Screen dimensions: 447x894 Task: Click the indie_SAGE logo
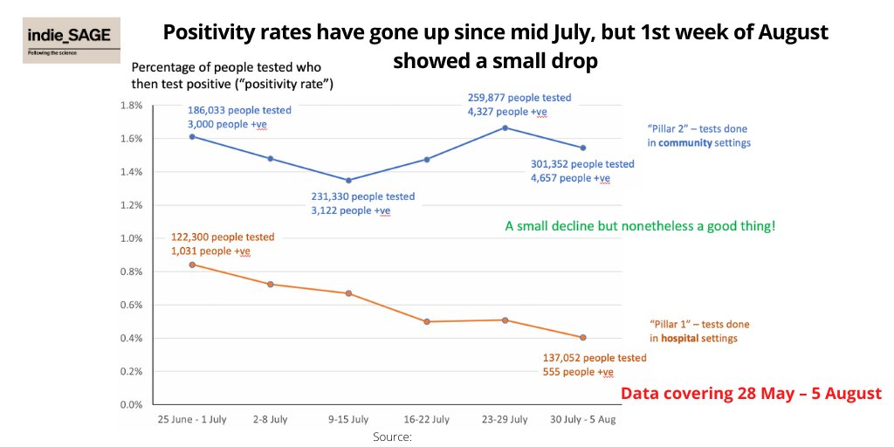(72, 40)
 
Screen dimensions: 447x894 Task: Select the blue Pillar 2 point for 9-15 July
(348, 181)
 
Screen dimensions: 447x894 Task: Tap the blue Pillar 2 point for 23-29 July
(505, 127)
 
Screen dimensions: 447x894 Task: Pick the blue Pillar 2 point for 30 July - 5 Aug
(582, 148)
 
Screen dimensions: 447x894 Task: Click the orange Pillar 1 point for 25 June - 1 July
(192, 265)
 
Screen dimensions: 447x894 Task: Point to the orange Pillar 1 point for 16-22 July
(427, 321)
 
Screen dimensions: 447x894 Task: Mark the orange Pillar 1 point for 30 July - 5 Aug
(582, 337)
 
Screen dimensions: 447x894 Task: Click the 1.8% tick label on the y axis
(130, 105)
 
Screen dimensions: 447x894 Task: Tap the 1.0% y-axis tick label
(130, 238)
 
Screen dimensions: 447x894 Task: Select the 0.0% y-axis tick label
(130, 405)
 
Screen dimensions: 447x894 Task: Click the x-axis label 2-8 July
(271, 420)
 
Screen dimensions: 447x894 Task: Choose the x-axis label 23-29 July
(505, 420)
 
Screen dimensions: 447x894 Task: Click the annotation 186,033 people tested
(239, 111)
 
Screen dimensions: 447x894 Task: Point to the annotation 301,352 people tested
(582, 164)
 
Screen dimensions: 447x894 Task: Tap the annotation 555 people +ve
(577, 372)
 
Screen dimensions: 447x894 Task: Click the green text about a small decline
(640, 226)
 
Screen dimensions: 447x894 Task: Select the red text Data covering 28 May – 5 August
(751, 393)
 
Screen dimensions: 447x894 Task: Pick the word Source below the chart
(391, 436)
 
